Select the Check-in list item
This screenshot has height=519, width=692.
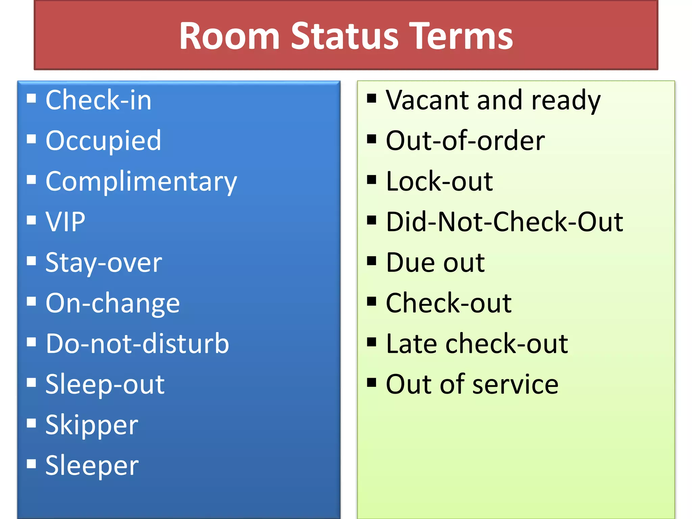pyautogui.click(x=98, y=100)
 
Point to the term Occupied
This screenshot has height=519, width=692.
pyautogui.click(x=103, y=141)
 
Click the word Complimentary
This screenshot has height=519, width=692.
pyautogui.click(x=141, y=181)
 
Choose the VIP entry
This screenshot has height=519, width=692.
pyautogui.click(x=66, y=222)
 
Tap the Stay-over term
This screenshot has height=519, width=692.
pyautogui.click(x=104, y=263)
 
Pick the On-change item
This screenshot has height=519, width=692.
pyautogui.click(x=113, y=303)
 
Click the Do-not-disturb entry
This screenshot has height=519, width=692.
pyautogui.click(x=137, y=344)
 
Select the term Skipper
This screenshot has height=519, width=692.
pyautogui.click(x=92, y=425)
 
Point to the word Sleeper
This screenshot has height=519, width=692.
pyautogui.click(x=92, y=465)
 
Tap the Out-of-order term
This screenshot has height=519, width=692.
pyautogui.click(x=465, y=141)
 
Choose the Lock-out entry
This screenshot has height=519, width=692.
pyautogui.click(x=439, y=181)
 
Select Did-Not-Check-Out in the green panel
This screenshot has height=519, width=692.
pyautogui.click(x=504, y=222)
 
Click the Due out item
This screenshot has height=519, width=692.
pyautogui.click(x=435, y=263)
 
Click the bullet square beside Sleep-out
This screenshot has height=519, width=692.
pyautogui.click(x=31, y=382)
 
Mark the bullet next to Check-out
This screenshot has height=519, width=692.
pyautogui.click(x=372, y=301)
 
